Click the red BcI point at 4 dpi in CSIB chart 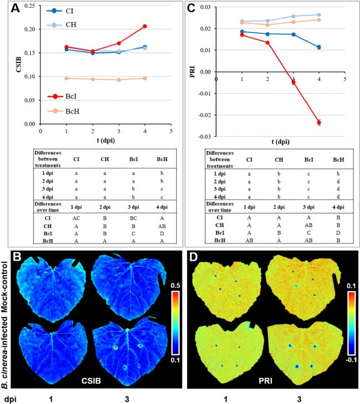point(145,26)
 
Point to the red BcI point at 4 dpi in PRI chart point(319,122)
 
